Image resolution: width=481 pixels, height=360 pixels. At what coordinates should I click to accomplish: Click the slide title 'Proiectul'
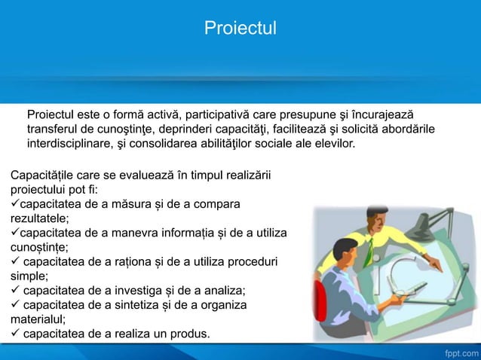240,29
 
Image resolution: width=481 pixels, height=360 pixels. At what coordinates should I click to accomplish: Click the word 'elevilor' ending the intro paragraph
332,143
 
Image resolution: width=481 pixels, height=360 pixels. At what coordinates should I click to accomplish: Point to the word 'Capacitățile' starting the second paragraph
44,175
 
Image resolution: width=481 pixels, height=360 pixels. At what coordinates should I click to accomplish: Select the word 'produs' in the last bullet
189,334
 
